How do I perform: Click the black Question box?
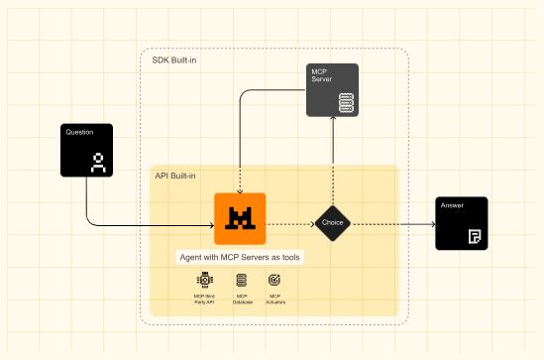(86, 150)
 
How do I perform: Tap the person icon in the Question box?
(98, 163)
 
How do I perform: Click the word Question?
(79, 132)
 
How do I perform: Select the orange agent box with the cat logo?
(240, 217)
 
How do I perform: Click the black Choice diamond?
(332, 222)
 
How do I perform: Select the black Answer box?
(462, 223)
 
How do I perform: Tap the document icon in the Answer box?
(475, 237)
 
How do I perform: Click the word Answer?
(452, 205)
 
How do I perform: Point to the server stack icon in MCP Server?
(346, 102)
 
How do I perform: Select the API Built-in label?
(175, 176)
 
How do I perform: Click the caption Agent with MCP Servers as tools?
(240, 257)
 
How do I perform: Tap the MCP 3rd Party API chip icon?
(205, 283)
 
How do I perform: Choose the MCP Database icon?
(242, 283)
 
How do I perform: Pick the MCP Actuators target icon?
(275, 283)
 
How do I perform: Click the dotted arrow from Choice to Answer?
(391, 222)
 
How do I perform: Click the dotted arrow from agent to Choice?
(289, 222)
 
